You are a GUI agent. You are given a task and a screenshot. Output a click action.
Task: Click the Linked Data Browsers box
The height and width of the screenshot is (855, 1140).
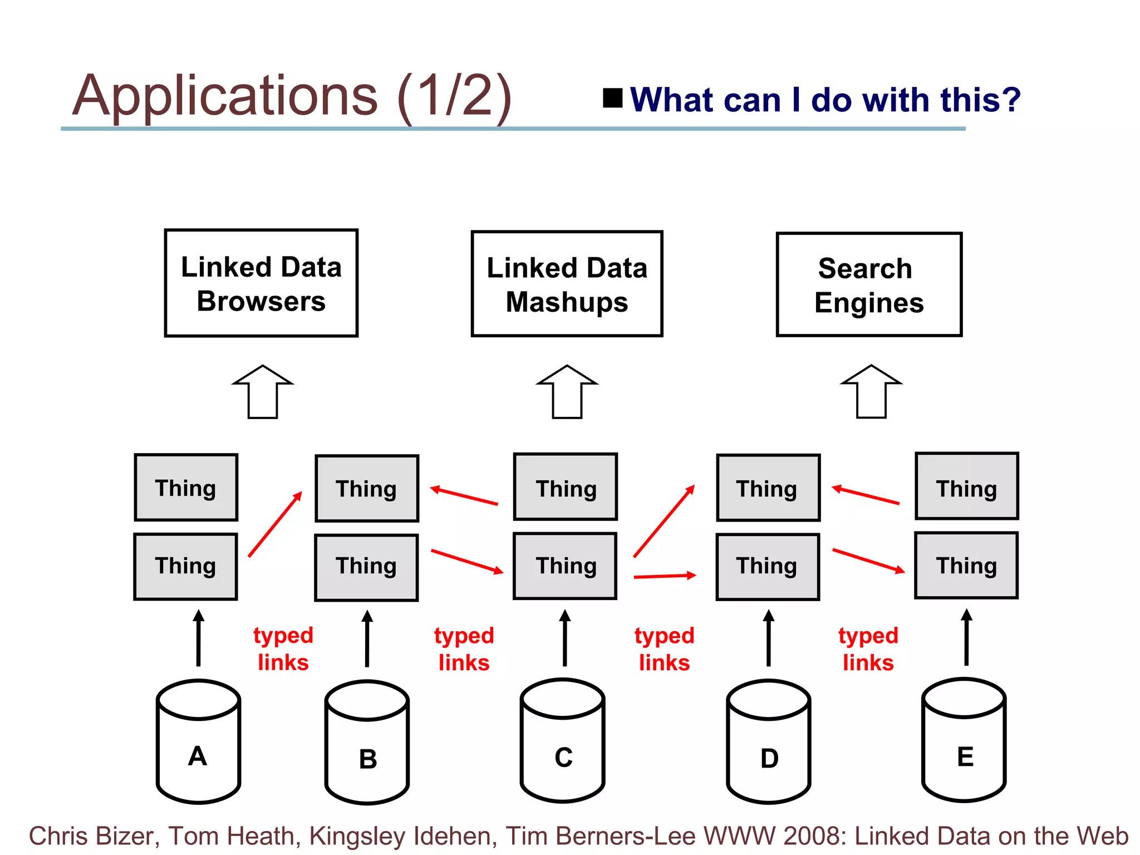coord(261,283)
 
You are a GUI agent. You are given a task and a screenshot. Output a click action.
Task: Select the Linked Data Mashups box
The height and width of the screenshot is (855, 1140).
coord(567,284)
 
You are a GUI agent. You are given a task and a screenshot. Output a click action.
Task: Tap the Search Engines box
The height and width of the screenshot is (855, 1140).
coord(869,284)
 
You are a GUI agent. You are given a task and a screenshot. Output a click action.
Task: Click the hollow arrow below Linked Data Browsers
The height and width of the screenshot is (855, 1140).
coord(263,392)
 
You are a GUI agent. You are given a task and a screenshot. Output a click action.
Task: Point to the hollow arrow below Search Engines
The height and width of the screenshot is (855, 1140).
coord(871,392)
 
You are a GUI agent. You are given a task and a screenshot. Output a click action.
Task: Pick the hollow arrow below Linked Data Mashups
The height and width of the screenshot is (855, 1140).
coord(567,392)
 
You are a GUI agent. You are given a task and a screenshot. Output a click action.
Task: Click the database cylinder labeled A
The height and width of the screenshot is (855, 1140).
coord(198,741)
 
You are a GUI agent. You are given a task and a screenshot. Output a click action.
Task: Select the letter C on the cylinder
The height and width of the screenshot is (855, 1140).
coord(563,758)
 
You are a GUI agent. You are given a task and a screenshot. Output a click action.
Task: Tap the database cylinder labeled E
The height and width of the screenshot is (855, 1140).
coord(964,740)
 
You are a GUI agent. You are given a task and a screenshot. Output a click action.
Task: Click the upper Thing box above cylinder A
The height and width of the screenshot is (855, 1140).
coord(186,488)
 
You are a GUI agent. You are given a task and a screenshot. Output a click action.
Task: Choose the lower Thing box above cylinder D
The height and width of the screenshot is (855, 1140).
coord(768,567)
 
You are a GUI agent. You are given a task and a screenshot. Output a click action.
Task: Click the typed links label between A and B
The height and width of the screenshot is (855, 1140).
coord(283,649)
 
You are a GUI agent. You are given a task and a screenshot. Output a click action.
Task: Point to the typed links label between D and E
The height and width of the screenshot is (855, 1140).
coord(868,649)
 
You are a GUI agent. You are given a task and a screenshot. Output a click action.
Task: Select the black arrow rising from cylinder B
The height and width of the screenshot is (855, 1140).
coord(367,638)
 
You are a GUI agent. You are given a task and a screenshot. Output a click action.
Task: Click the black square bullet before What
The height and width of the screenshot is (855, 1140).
coord(613,98)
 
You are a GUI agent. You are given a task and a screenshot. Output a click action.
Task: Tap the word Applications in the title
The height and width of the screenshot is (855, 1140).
coord(225,96)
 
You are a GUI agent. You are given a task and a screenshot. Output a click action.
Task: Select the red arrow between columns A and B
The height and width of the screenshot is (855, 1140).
coord(276,524)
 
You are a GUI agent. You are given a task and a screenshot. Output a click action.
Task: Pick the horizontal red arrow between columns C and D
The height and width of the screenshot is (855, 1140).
coord(665,576)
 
